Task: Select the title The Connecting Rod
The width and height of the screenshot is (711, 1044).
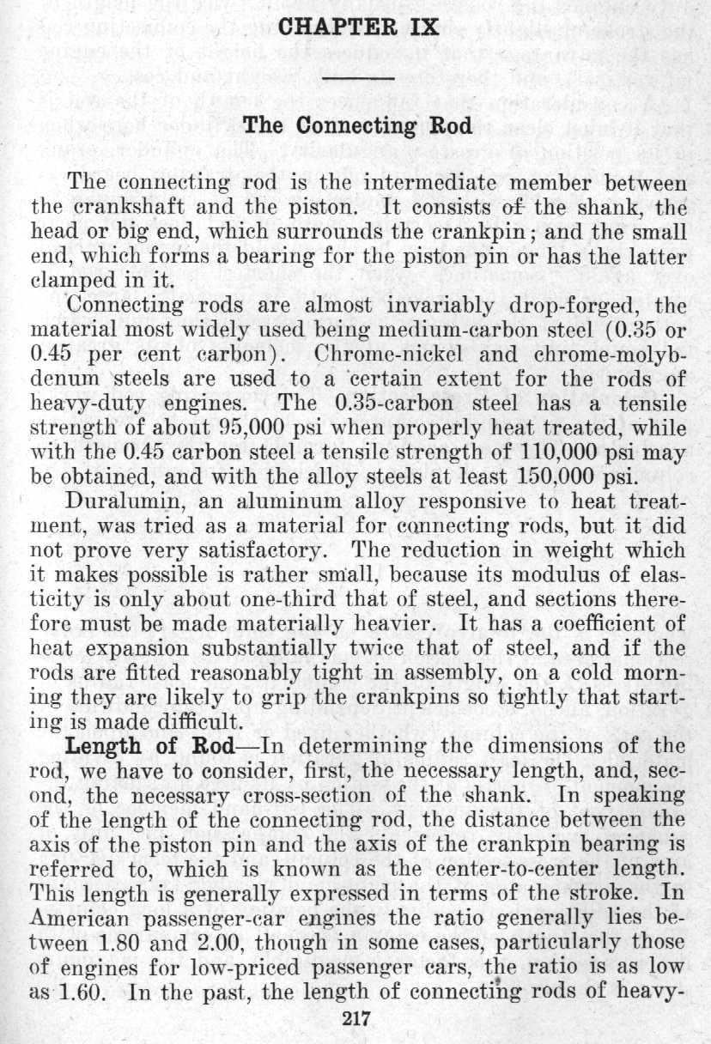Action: [x=358, y=126]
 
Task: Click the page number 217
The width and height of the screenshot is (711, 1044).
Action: [x=355, y=1019]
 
